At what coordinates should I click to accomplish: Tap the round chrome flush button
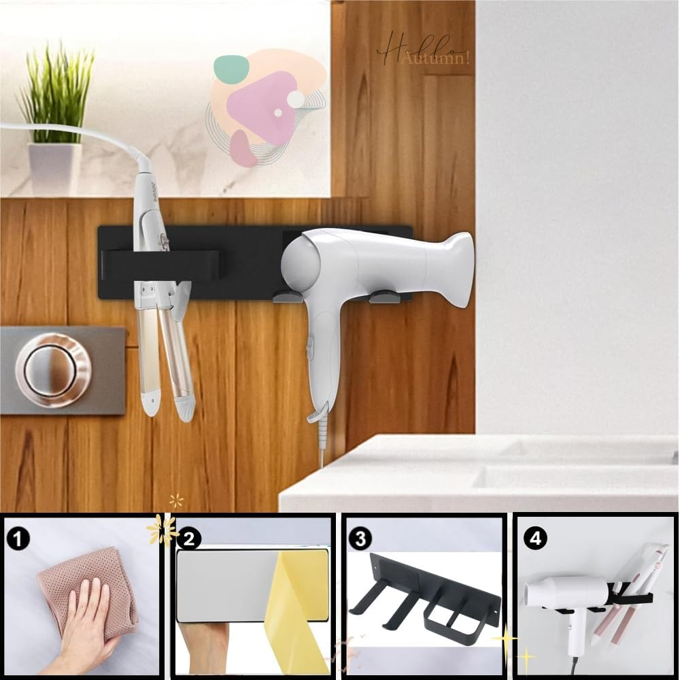click(x=53, y=369)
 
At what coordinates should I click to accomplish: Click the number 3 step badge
click(x=359, y=539)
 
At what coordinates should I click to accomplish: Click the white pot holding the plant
click(x=54, y=167)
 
